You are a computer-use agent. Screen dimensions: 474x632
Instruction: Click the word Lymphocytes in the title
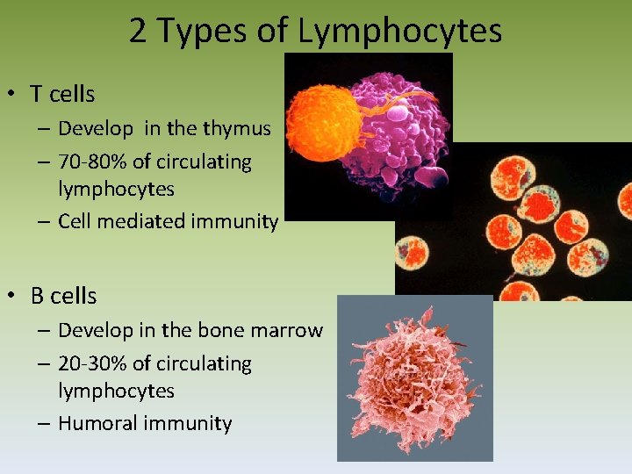point(399,31)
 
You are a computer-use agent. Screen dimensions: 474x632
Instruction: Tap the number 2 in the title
point(139,31)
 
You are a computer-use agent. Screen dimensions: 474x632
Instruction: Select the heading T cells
point(62,94)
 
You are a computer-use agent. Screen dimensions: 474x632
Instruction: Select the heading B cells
point(63,296)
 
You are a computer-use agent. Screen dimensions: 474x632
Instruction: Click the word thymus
point(236,128)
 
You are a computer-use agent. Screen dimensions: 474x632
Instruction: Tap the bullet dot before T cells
point(14,95)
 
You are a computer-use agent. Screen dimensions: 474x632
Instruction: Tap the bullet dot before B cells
point(14,297)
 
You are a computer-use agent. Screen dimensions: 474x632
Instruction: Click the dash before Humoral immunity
point(43,424)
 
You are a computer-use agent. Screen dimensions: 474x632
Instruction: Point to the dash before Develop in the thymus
point(43,129)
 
